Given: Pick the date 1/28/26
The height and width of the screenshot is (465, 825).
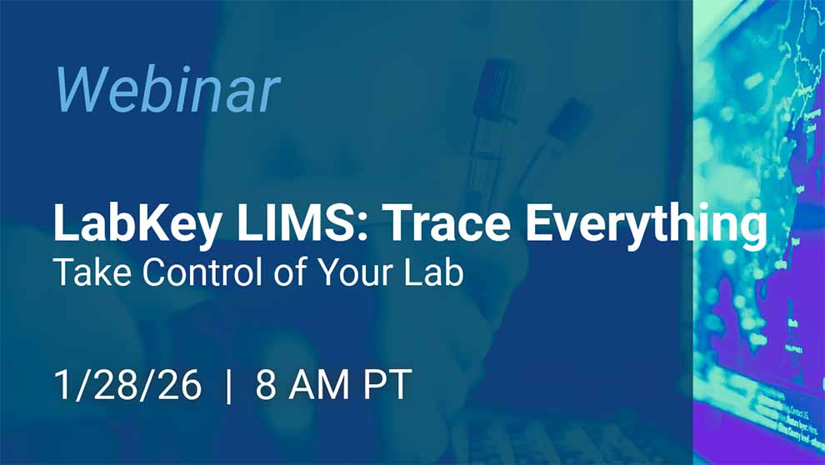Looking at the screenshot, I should [127, 385].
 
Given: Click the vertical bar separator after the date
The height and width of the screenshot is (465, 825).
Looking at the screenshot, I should [229, 386].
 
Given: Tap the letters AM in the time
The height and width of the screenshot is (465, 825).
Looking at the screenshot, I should [316, 385].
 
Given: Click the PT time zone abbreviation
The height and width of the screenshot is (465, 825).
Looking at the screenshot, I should [384, 385].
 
